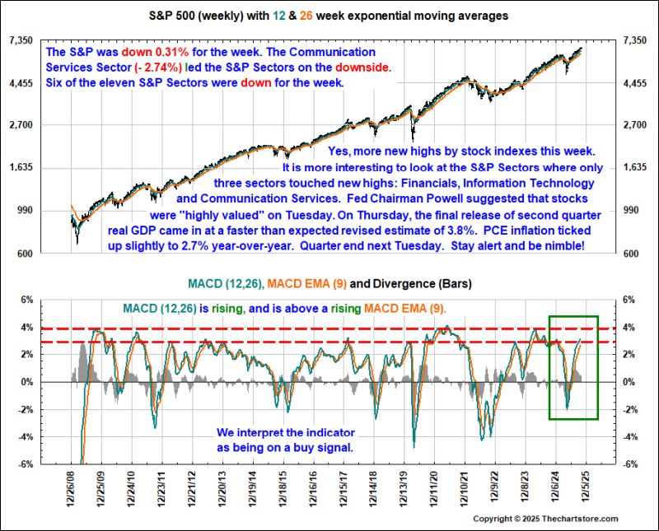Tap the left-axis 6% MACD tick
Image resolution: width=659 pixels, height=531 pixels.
[28, 300]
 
